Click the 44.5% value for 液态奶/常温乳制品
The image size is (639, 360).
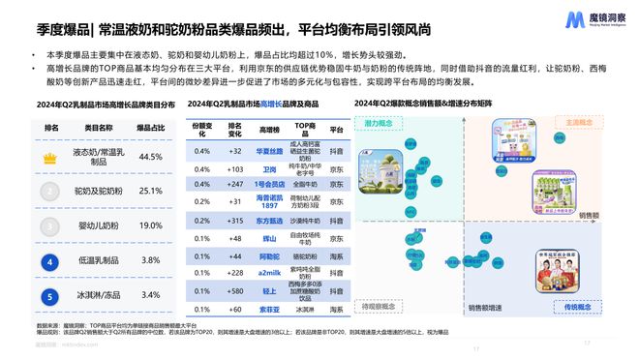[x=149, y=156]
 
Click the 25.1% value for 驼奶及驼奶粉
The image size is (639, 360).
[x=149, y=191]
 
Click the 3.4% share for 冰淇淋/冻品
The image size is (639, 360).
[x=149, y=293]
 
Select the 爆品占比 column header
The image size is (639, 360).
[x=149, y=127]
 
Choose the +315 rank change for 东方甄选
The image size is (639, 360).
[x=234, y=220]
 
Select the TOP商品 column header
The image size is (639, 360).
[x=307, y=127]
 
